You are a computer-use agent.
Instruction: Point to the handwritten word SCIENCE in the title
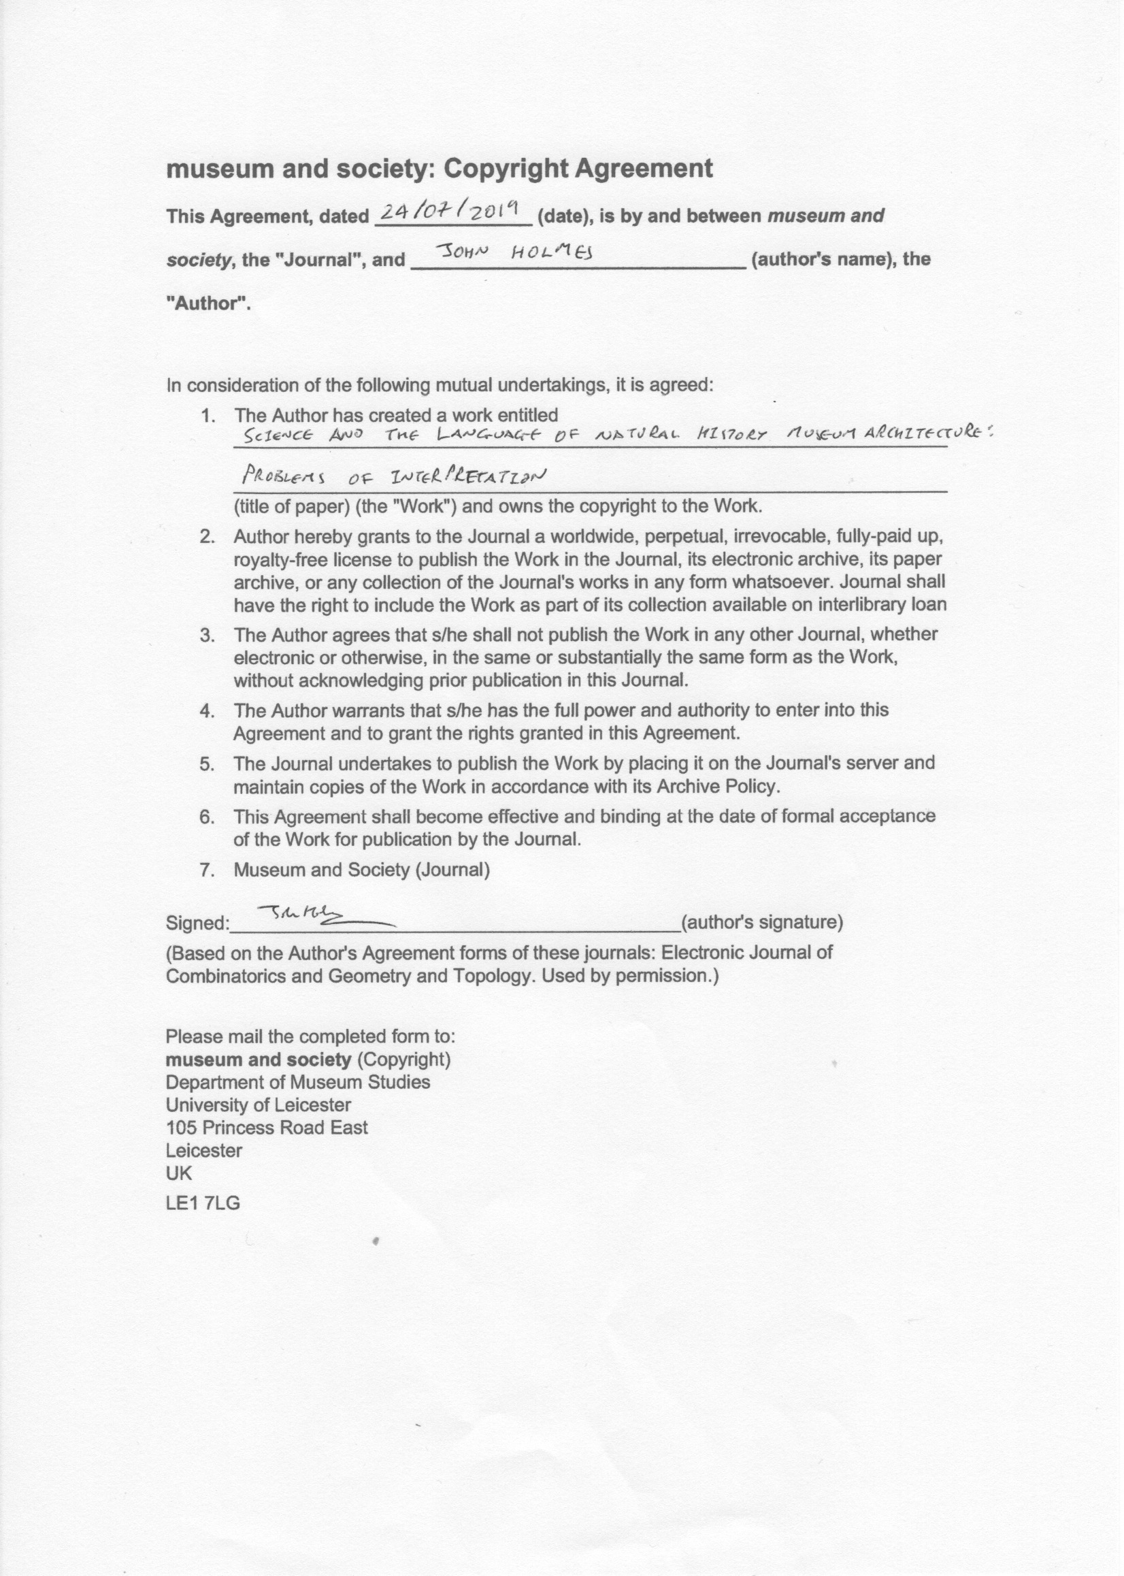274,436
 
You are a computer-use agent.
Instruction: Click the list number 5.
206,764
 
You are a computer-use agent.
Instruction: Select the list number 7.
206,870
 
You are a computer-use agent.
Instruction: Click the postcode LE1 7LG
203,1203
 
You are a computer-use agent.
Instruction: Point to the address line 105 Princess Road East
267,1128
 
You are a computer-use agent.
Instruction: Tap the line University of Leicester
258,1104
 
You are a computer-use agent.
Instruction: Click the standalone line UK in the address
178,1173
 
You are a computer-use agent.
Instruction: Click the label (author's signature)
762,923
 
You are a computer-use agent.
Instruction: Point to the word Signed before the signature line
197,923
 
